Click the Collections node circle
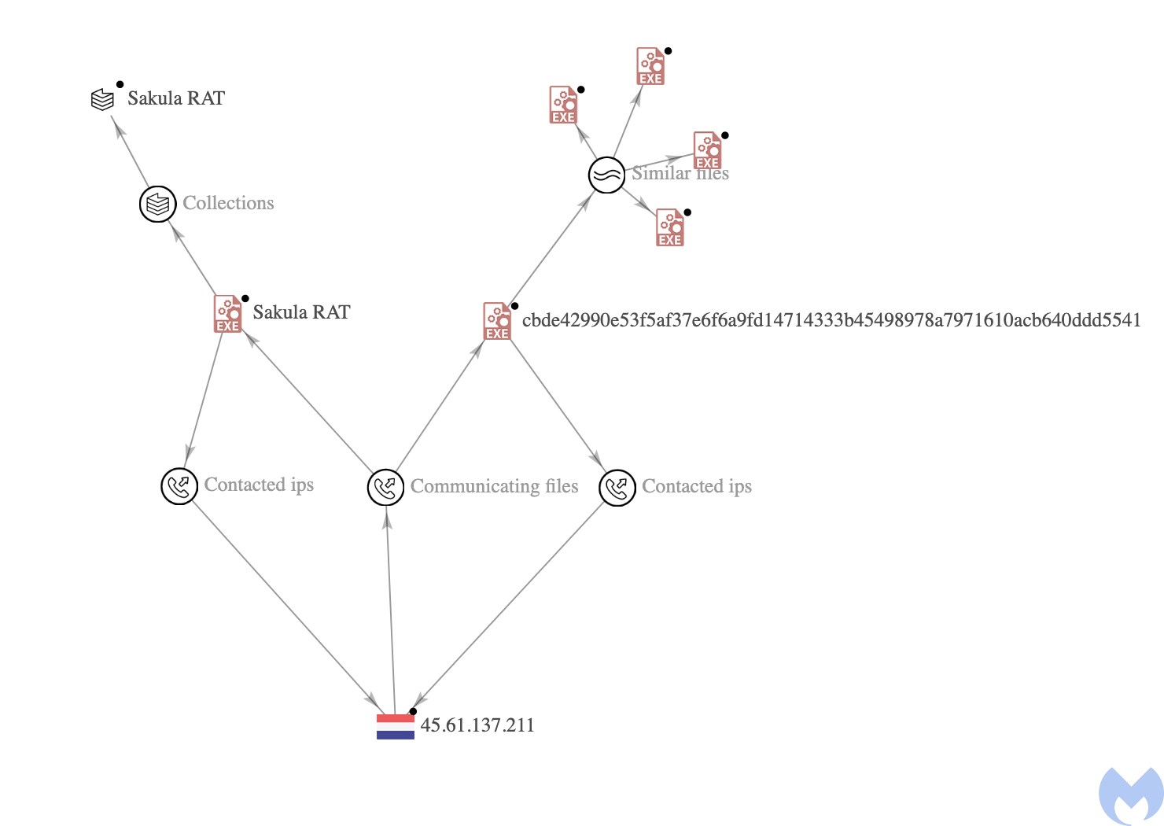point(157,204)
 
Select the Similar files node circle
point(607,175)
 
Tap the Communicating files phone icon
point(385,488)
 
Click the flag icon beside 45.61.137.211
point(395,726)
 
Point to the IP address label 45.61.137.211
point(477,725)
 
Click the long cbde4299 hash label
point(831,320)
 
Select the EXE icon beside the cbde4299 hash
point(497,322)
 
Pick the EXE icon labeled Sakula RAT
point(228,314)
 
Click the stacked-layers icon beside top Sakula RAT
point(103,100)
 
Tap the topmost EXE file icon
point(650,66)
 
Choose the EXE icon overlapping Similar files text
point(707,150)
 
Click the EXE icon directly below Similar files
point(670,228)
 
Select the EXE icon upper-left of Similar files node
point(563,105)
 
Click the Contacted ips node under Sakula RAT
point(179,486)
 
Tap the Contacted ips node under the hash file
point(617,488)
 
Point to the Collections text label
point(228,203)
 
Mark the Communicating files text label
point(494,487)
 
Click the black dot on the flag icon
point(413,711)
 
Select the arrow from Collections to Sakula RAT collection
point(130,150)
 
